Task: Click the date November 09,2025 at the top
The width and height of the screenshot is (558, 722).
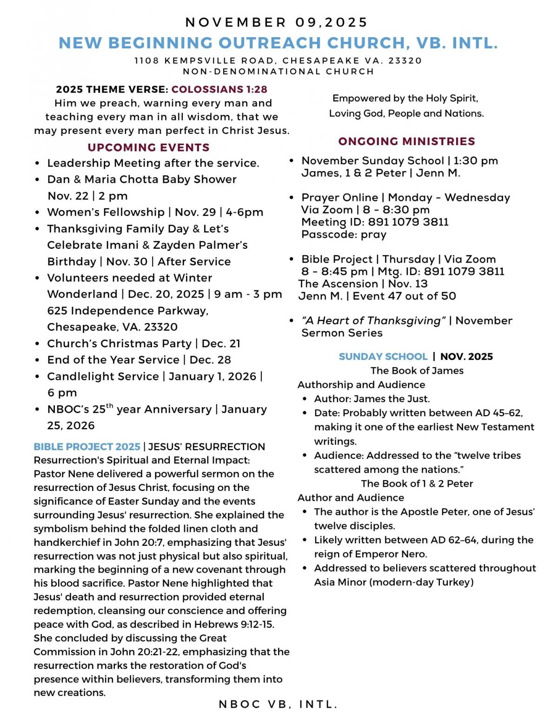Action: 277,22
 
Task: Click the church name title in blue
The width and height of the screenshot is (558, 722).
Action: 278,43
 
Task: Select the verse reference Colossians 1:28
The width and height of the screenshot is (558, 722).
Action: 219,89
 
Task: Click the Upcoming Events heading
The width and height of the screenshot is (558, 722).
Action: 148,147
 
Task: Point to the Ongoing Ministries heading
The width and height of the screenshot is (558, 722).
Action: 406,141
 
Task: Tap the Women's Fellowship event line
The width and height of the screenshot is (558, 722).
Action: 155,212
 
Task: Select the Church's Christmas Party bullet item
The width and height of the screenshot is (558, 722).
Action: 144,344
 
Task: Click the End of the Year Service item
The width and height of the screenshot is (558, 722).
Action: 139,360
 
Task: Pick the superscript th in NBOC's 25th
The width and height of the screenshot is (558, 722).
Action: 110,406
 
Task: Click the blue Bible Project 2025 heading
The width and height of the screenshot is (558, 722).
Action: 87,447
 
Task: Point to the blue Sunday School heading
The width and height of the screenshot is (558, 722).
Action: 383,357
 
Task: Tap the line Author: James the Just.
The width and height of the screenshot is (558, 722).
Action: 372,399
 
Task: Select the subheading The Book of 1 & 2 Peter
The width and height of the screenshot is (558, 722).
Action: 417,484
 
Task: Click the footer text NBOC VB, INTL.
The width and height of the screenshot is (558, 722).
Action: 278,705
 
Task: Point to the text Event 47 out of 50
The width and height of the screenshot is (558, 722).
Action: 404,296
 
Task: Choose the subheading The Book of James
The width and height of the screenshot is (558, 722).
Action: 417,371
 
